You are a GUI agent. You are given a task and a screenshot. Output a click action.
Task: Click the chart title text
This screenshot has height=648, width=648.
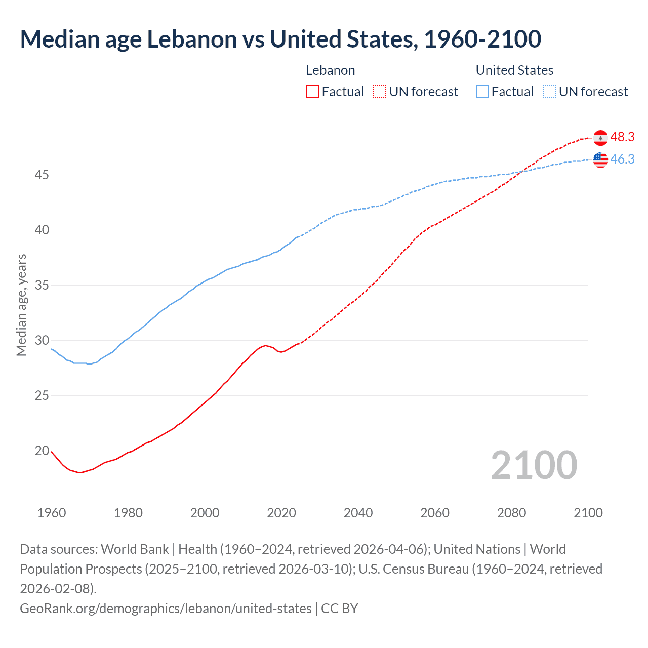coord(280,39)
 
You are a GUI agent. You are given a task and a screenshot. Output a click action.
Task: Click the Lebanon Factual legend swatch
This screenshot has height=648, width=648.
coord(312,92)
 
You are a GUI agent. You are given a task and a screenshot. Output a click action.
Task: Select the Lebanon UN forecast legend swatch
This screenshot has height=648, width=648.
coord(380,92)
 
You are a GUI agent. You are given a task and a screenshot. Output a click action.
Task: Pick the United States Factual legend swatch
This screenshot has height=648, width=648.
coord(482,92)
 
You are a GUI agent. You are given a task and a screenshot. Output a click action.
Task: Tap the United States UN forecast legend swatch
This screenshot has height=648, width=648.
coord(549,92)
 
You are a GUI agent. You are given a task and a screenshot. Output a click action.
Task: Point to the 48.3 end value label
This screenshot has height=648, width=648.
coord(622,137)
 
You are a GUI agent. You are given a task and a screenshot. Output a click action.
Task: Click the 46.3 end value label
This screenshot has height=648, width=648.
coord(622,159)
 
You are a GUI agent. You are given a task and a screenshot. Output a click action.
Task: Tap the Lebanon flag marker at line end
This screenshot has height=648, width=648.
coord(600,138)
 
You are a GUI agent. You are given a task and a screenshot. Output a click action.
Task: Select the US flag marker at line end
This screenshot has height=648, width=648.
coord(600,160)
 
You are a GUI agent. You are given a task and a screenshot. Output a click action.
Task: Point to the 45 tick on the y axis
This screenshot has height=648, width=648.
coord(42,175)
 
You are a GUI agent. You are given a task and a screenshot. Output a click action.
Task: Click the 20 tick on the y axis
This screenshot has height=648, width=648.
coord(42,451)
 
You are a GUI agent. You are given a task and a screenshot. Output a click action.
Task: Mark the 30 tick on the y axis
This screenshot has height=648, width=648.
coord(42,340)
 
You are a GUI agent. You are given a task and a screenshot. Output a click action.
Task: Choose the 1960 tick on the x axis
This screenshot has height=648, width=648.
coord(52,513)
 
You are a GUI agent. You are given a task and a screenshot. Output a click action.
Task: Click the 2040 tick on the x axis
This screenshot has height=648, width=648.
coord(358,513)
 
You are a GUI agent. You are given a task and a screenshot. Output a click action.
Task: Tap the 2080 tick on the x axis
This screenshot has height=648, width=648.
coord(511,513)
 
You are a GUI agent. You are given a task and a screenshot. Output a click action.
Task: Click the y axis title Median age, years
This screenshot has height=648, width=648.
coord(21,305)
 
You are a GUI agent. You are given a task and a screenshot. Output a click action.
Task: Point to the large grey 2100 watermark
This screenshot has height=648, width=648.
coord(534,465)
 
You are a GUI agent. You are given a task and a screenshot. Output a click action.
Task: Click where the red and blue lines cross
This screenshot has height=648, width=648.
coord(521,171)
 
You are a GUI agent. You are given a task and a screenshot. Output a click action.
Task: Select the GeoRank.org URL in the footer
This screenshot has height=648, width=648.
coord(166,608)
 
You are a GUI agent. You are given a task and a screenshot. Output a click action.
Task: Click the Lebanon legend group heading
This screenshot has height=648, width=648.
coord(331,70)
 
